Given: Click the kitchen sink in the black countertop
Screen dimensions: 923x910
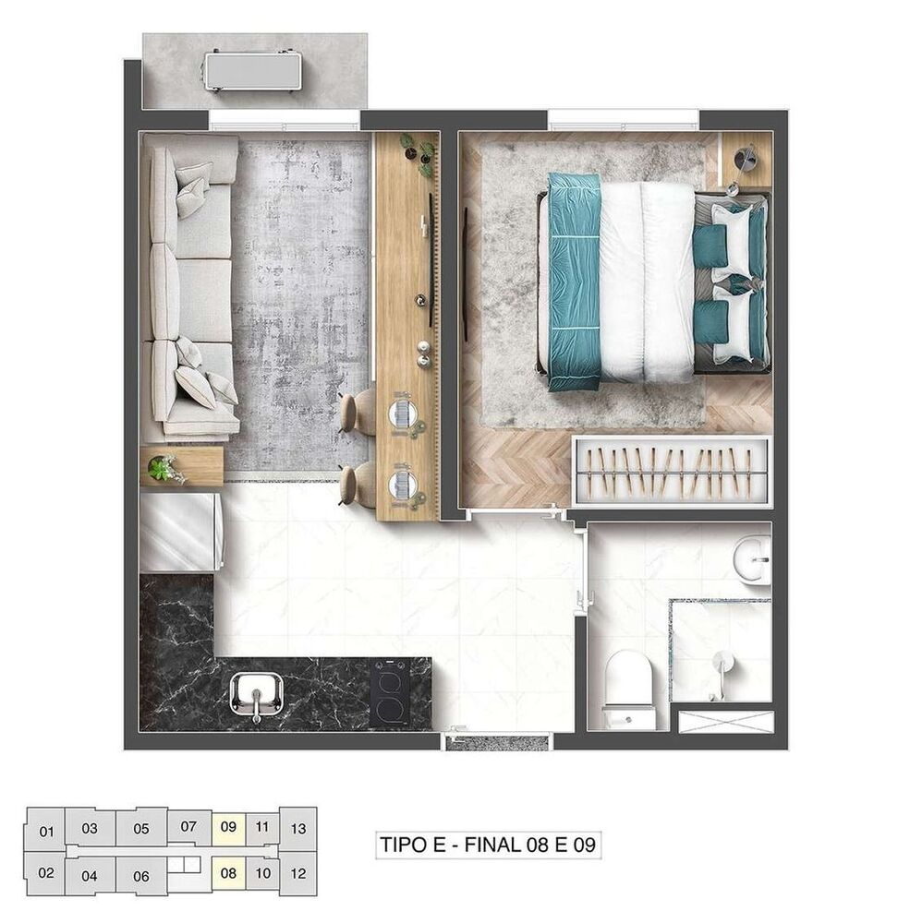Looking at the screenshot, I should point(256,695).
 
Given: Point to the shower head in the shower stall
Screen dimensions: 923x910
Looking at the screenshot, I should point(721,662).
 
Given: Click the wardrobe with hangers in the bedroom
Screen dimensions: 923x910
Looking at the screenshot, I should point(671,470).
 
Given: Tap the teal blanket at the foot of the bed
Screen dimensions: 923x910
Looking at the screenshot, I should point(574,280).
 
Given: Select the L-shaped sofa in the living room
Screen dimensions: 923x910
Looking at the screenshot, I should point(191,286).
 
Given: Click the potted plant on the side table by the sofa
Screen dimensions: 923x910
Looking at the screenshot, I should point(165,468).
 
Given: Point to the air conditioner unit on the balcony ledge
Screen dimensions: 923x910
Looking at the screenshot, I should point(253,71).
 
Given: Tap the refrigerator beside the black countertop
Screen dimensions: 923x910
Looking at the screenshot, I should point(179,532).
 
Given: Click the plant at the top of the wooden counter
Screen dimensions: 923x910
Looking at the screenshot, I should point(418,150).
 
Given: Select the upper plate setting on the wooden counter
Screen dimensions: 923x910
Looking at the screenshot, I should point(402,412).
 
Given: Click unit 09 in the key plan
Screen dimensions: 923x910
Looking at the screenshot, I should point(229,827).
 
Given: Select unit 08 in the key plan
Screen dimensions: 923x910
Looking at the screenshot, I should point(229,871).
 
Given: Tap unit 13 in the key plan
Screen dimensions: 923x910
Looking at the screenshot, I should point(297,828).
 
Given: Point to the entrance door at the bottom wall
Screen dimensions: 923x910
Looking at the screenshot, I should point(497,740).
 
